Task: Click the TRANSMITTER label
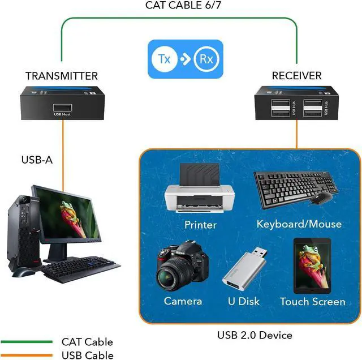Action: pos(62,76)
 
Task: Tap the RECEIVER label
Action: pos(297,76)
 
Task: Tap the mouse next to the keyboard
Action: pos(321,198)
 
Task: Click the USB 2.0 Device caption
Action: pos(255,336)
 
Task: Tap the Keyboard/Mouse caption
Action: pos(299,224)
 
